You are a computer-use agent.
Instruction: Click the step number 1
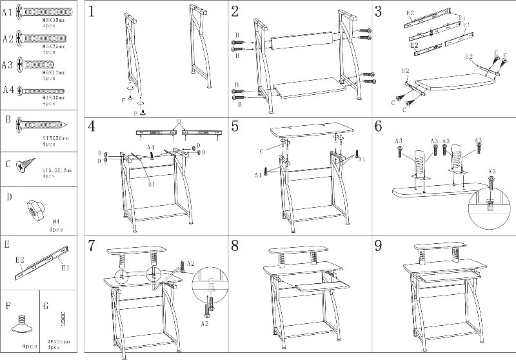94,11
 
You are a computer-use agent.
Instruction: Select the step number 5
235,125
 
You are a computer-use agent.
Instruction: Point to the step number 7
92,246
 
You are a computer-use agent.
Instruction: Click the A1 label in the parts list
8,12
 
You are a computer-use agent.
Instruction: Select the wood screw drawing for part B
39,123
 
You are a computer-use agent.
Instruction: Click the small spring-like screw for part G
63,319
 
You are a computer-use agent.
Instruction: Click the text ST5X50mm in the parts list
56,137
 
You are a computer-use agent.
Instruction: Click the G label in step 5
279,152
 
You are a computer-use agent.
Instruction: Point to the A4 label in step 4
150,147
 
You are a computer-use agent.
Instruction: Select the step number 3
379,11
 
